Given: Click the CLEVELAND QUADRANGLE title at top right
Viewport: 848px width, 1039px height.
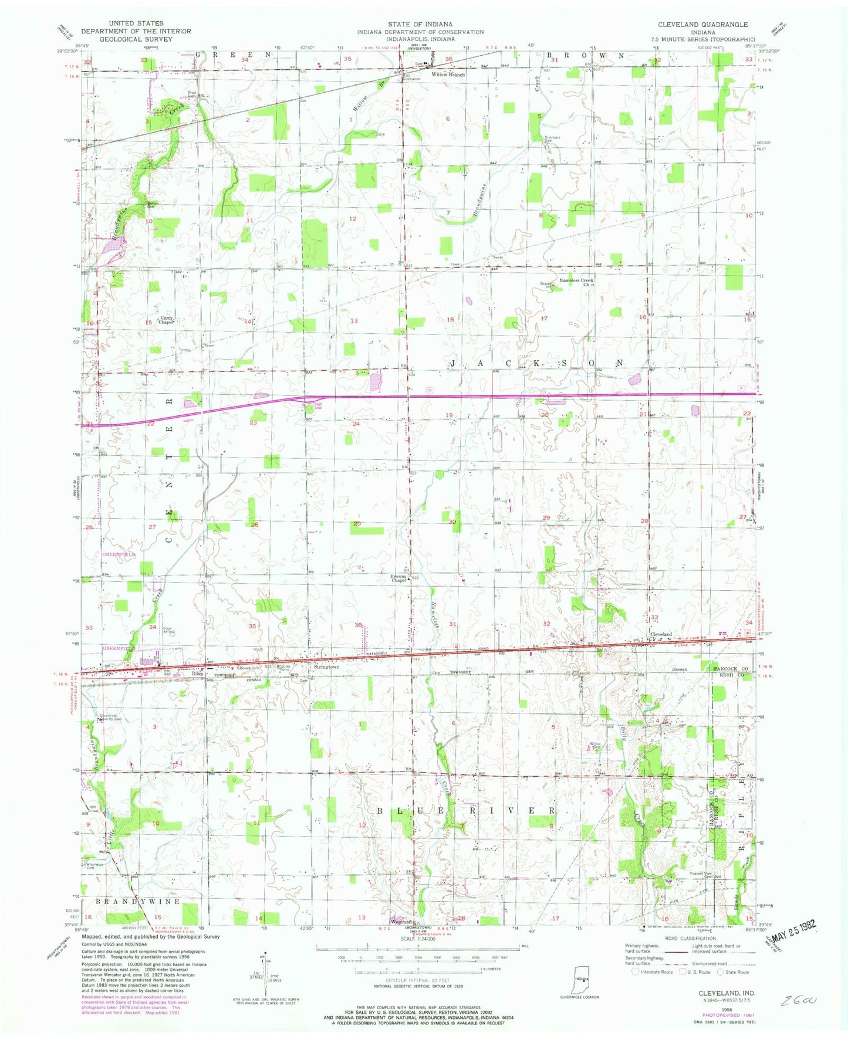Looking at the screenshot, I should coord(702,25).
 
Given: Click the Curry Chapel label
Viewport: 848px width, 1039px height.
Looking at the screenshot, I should coord(167,320).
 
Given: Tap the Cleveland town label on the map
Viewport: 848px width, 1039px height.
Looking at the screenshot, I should coord(660,635).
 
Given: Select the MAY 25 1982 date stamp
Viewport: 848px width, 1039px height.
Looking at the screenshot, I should coord(792,928).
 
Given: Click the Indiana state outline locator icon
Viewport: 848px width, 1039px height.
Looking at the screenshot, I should coord(580,978).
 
